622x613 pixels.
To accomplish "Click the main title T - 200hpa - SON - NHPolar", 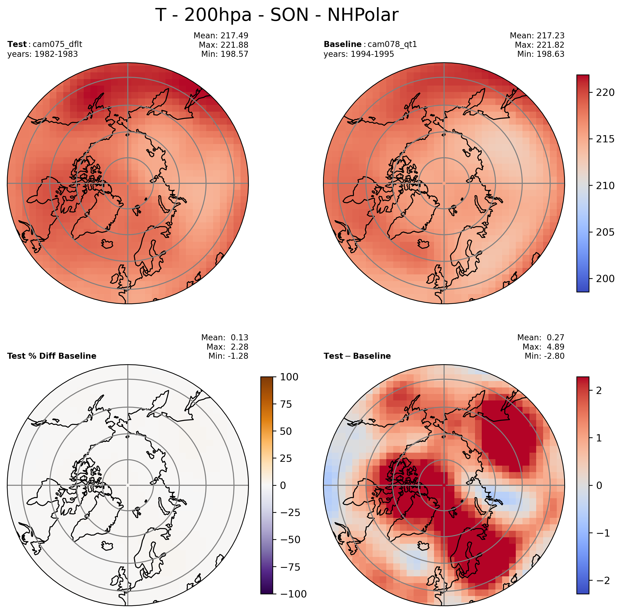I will coord(277,15).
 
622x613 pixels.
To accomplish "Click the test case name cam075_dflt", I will coord(57,44).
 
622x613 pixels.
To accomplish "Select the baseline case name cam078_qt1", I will coord(392,44).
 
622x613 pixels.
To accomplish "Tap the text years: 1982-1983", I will coord(42,54).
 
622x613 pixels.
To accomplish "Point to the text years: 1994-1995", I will coord(359,54).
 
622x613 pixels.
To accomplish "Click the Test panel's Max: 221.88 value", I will coord(223,45).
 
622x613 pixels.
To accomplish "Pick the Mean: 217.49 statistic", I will coord(221,35).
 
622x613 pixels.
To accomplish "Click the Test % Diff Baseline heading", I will coord(52,356).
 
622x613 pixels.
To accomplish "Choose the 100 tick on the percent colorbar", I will coord(289,377).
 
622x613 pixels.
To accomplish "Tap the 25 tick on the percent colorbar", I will coord(286,458).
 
